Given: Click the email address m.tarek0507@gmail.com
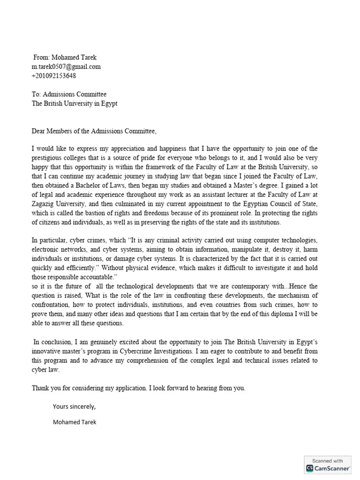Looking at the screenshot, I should coord(66,67).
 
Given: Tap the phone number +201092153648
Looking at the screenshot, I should coord(54,75).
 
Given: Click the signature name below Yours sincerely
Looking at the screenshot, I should coord(75,422).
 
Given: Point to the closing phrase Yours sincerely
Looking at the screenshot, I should coord(75,406).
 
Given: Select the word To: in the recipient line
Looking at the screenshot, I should coord(37,94).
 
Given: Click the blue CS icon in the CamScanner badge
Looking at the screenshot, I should coord(310,468).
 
